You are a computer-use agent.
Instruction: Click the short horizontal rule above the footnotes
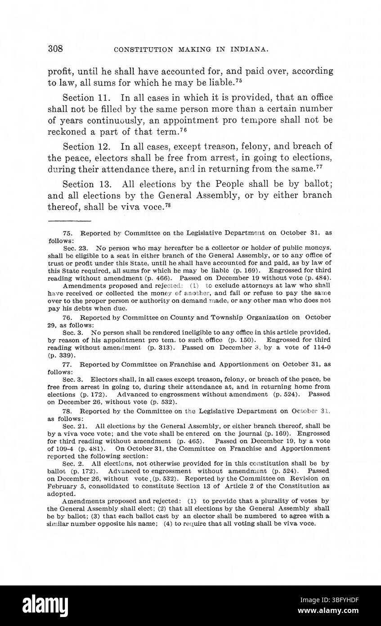[69, 221]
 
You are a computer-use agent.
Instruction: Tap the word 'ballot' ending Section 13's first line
[318, 184]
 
